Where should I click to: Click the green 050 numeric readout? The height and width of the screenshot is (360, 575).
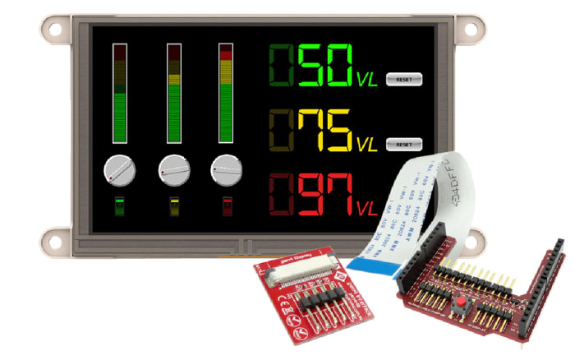[312, 66]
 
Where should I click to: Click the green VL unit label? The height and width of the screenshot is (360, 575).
[367, 80]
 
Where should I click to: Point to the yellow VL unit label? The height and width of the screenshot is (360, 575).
[367, 145]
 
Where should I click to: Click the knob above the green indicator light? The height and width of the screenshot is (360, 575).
[119, 171]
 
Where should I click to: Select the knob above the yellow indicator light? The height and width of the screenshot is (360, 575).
[173, 171]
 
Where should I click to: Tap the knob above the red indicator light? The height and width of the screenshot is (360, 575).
[226, 171]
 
